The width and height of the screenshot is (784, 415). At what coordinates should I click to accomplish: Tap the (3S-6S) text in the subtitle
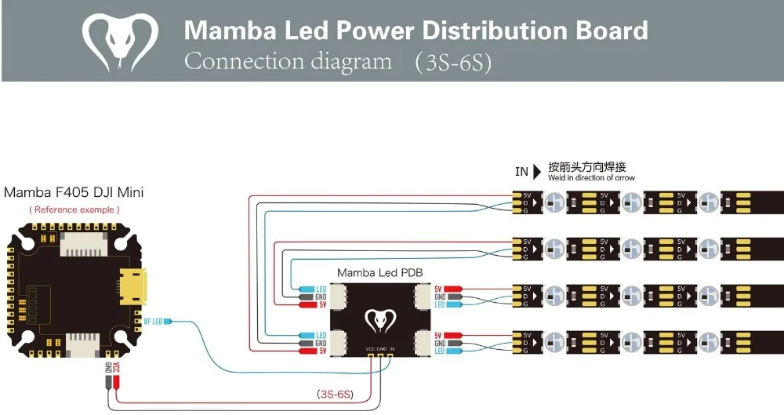pos(453,63)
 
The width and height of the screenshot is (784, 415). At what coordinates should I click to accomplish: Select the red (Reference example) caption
pos(74,209)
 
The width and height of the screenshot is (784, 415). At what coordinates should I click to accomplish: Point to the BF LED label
pos(154,322)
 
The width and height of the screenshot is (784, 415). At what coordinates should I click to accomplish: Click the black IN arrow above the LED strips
pos(537,171)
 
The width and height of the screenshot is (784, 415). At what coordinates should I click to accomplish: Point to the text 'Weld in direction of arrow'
pos(591,179)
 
